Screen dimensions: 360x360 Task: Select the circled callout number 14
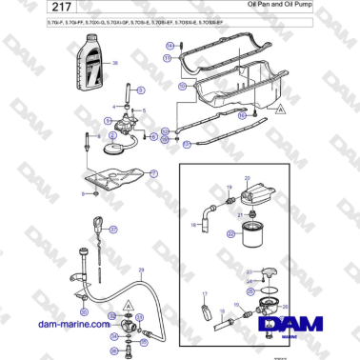pos(170,45)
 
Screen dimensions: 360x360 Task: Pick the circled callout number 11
pos(168,58)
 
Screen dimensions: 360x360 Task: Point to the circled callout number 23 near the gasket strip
pos(187,145)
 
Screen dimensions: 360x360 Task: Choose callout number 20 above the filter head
pos(247,178)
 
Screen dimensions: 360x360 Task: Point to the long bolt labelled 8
pos(88,147)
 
